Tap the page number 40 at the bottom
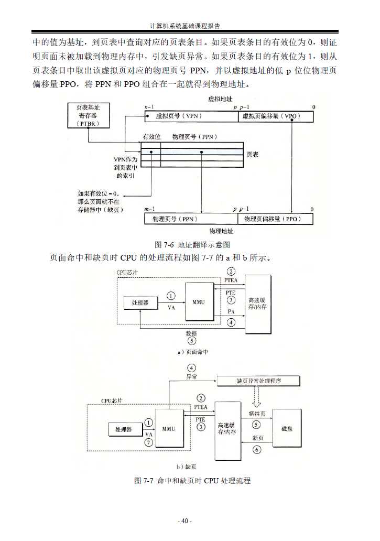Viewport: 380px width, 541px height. pos(184,521)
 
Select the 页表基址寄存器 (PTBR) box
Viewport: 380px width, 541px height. pos(88,115)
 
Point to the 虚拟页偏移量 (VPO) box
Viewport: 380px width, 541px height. pos(276,116)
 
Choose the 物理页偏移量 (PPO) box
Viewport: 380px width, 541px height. pos(276,218)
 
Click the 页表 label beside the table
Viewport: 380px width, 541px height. pos(252,155)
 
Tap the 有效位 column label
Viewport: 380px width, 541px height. pos(151,137)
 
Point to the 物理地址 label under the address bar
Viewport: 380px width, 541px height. pos(221,231)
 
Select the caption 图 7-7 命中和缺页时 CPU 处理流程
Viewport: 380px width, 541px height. pos(192,480)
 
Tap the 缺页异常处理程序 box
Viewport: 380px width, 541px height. pos(259,381)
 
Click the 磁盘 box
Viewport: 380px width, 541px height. pos(287,429)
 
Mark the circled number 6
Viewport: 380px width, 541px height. pos(256,450)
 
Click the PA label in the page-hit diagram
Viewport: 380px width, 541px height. pos(231,312)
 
